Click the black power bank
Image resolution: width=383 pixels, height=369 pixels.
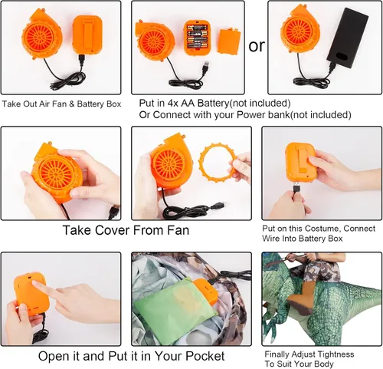(x=348, y=39)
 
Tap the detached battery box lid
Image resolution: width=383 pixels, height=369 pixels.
(x=228, y=41)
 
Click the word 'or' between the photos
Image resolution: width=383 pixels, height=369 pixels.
(x=257, y=46)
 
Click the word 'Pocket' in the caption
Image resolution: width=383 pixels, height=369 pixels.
(x=205, y=356)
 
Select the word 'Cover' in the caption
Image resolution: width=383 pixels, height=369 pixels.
(x=113, y=230)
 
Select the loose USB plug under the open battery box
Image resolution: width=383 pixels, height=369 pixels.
(x=205, y=68)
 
